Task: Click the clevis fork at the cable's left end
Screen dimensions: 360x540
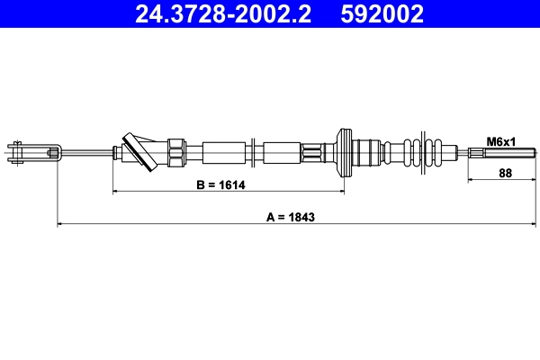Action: (32, 150)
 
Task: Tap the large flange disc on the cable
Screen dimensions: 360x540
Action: (343, 150)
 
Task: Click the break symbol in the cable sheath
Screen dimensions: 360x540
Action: (256, 150)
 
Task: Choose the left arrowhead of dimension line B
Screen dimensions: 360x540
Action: (115, 192)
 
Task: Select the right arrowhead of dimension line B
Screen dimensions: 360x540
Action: (341, 192)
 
